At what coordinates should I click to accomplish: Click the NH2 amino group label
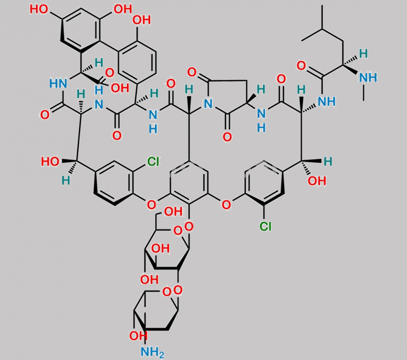pos(153,352)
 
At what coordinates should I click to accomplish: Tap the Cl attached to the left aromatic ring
pos(153,162)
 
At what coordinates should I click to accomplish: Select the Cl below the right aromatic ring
pos(265,226)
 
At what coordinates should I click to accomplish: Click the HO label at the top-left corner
pos(39,9)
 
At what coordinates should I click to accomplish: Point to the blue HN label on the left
pos(58,84)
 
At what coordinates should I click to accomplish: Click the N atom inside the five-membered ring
pos(208,104)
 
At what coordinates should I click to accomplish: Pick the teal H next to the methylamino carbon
pos(364,54)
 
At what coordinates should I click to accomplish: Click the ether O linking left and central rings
pos(151,205)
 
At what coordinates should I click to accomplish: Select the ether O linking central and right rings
pos(226,205)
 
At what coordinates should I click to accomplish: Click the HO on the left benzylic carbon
pos(50,162)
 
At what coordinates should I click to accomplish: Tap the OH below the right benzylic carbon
pos(317,181)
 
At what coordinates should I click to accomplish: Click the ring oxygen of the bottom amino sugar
pos(167,292)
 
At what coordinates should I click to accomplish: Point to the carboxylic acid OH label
pos(120,88)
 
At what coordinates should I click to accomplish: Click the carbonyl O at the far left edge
pos(45,115)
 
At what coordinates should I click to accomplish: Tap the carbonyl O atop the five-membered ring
pos(192,72)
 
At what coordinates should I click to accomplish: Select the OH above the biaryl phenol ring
pos(141,20)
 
